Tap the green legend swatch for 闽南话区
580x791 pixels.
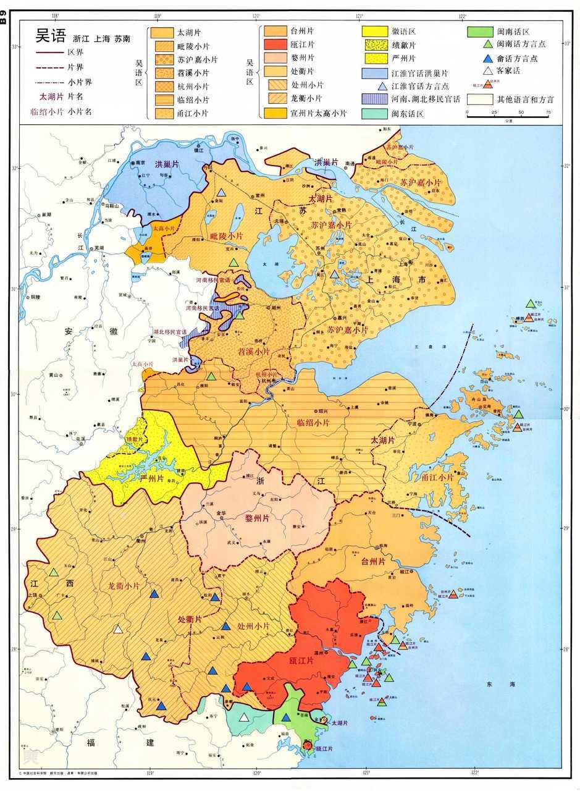479,31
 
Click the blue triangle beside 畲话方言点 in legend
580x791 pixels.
487,58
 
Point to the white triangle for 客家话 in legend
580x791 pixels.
487,72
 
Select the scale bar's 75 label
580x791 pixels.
548,113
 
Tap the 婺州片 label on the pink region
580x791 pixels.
254,518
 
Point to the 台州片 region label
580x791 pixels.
373,562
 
